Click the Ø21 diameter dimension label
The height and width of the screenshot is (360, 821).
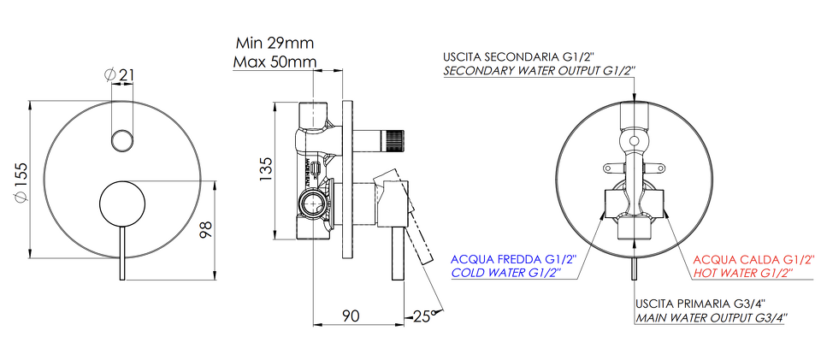point(119,75)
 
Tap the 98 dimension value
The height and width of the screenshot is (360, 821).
point(206,230)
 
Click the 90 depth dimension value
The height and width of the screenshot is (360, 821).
point(351,316)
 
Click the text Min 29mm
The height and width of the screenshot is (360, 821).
point(275,43)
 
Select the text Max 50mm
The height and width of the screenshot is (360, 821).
point(275,62)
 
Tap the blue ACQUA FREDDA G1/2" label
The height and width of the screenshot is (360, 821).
point(513,259)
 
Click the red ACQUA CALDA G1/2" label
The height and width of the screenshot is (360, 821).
point(754,259)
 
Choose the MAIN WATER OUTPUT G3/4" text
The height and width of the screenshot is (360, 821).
point(712,317)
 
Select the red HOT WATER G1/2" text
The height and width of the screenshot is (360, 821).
point(743,272)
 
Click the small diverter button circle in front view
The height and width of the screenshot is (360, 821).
point(122,140)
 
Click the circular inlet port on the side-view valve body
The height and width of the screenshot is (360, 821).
point(313,202)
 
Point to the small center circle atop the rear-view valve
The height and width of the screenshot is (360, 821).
point(634,141)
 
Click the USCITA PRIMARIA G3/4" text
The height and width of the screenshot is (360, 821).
point(700,304)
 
